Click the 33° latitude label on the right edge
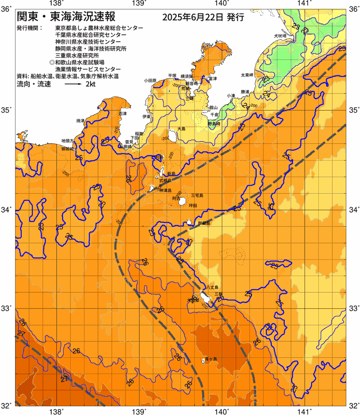pos(354,308)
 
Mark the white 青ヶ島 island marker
pos(204,360)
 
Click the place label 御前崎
pos(67,149)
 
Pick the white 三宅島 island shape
pos(183,202)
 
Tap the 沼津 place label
pos(122,113)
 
